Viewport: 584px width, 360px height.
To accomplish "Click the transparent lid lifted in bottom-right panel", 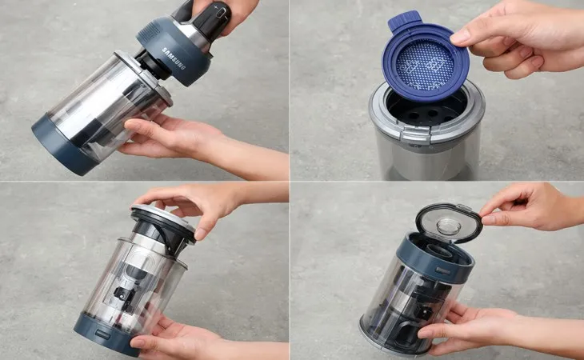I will (448, 222).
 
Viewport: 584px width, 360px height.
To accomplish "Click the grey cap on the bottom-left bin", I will (163, 220).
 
